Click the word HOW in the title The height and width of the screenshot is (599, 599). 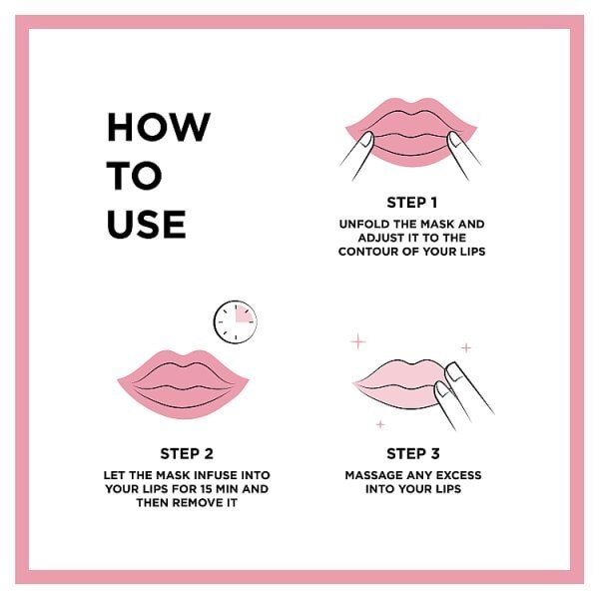tap(159, 127)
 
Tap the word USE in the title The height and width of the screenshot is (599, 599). tap(147, 224)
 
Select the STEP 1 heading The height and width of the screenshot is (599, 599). tap(411, 203)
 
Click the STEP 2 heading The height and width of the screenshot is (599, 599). tap(187, 454)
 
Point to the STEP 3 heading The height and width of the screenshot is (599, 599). tap(413, 454)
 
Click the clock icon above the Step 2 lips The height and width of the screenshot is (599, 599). tap(236, 322)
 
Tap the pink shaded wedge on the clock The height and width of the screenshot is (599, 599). tap(243, 314)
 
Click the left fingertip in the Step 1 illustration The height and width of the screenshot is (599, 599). tap(366, 140)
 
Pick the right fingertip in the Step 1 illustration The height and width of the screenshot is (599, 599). tap(454, 140)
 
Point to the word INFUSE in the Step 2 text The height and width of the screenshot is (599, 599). tap(215, 475)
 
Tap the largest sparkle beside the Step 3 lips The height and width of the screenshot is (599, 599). tap(358, 341)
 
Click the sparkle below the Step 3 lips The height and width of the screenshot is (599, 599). tap(380, 424)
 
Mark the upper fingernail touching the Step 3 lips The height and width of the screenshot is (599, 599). tap(453, 371)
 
